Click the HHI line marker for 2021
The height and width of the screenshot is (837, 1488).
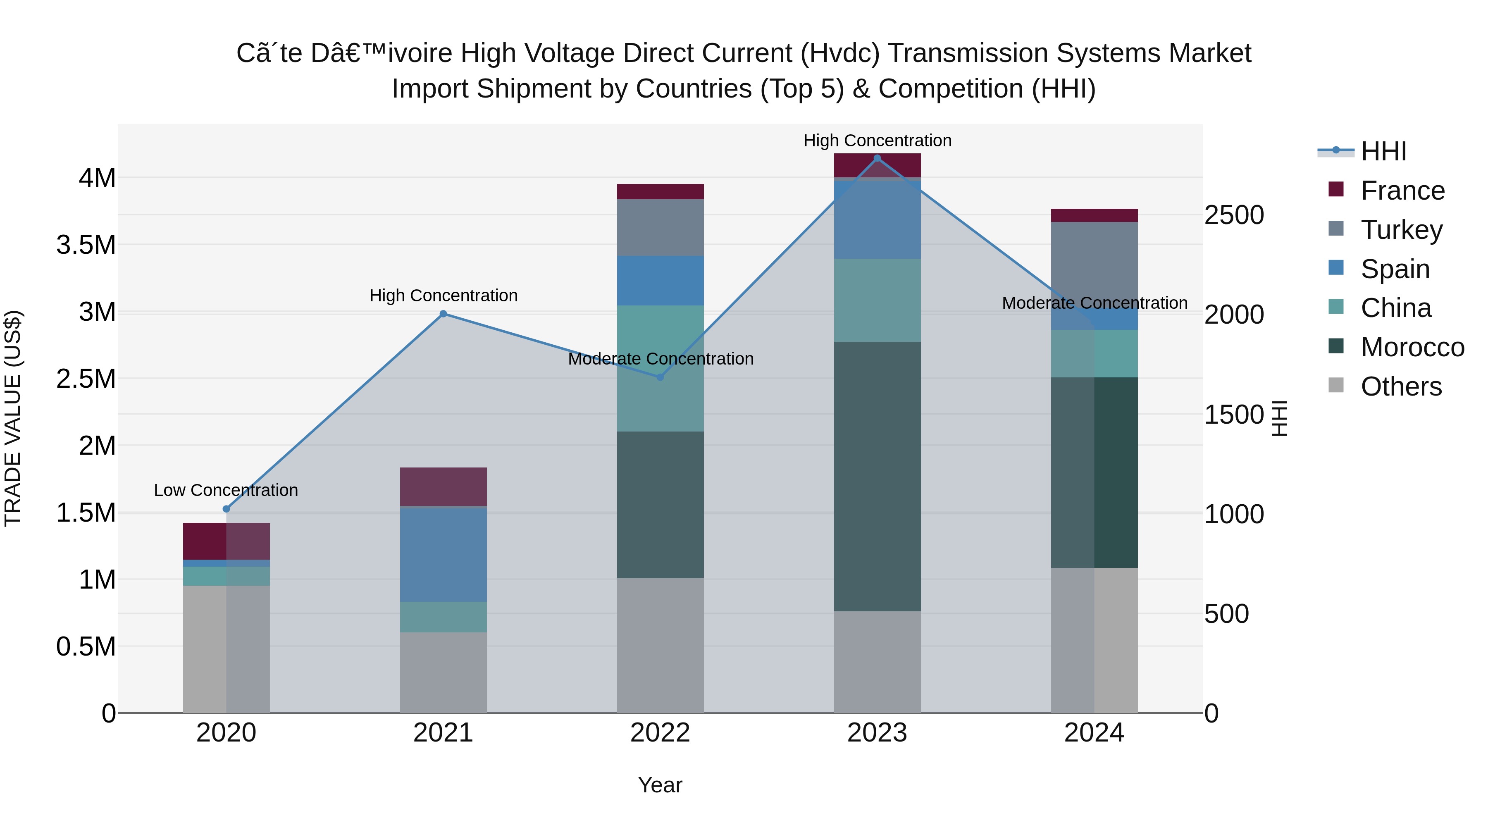443,314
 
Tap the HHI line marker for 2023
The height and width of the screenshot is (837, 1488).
877,158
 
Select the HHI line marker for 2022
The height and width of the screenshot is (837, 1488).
660,377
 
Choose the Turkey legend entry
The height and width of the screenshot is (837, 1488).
1401,229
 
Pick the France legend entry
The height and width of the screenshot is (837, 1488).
1402,191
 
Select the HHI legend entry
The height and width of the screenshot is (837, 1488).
1383,151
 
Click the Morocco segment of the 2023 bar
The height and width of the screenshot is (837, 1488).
877,476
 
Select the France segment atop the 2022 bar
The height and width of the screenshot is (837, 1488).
660,192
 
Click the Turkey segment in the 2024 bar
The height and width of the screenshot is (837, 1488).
1094,260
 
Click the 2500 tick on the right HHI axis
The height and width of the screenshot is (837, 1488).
1234,215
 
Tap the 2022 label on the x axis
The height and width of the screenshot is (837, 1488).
660,733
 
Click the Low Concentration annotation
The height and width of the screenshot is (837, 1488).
226,490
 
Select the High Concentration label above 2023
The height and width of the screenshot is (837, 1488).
877,141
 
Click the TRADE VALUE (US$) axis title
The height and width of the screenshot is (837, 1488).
13,418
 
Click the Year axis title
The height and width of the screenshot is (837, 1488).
660,785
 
